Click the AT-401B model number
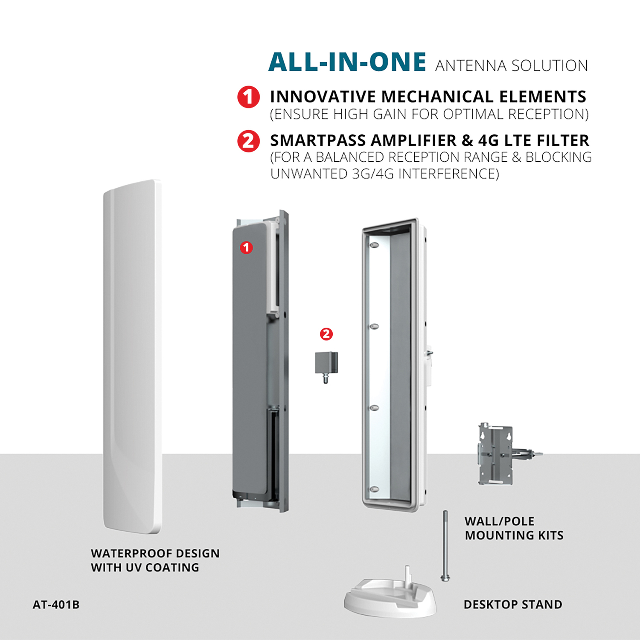coord(56,605)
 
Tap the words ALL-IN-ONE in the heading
coord(347,62)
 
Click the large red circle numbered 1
coord(248,97)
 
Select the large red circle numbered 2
coord(248,141)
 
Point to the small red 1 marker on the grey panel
coord(246,247)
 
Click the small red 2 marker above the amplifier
coord(326,334)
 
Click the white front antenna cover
coord(132,356)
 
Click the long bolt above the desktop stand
coord(445,546)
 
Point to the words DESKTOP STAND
coord(513,605)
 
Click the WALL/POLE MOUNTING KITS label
coord(514,528)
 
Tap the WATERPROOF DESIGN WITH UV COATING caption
coord(155,560)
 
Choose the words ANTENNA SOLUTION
coord(512,66)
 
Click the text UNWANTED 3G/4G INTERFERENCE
coord(384,174)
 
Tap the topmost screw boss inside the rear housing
coord(374,246)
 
